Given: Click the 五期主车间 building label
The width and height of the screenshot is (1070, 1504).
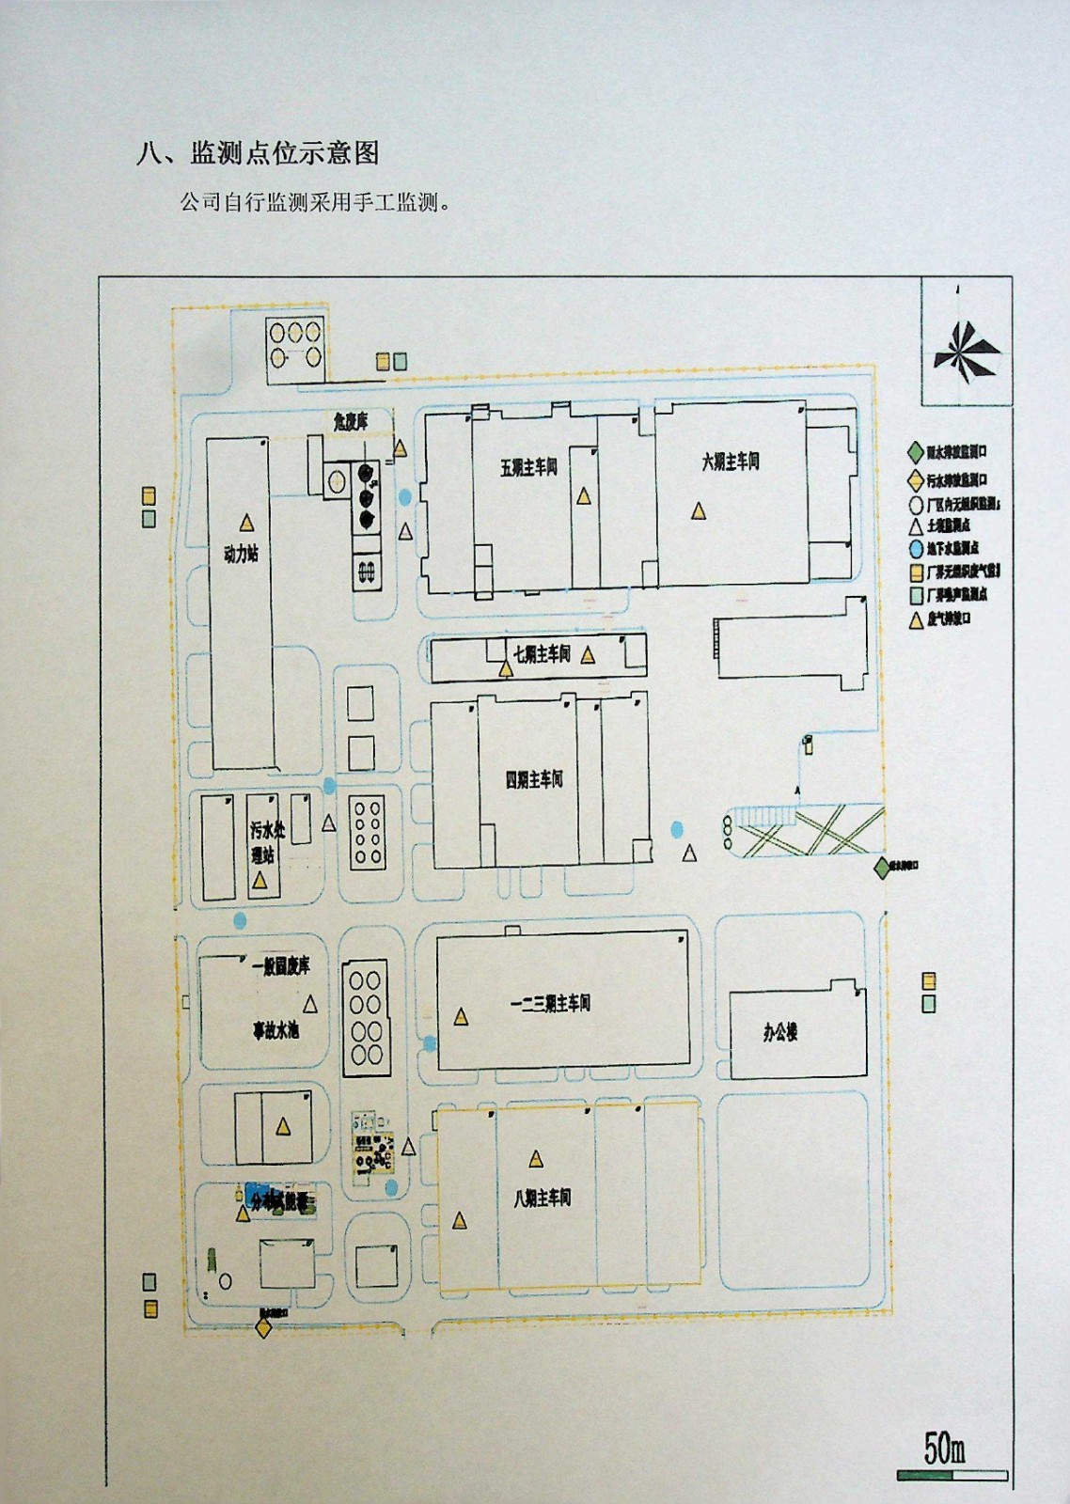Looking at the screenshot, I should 528,467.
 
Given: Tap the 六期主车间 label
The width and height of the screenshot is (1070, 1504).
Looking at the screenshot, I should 731,462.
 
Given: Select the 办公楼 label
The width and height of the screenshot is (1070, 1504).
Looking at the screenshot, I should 780,1032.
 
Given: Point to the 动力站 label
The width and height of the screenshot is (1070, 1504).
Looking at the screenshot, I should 241,554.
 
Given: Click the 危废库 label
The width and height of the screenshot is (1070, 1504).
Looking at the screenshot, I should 351,421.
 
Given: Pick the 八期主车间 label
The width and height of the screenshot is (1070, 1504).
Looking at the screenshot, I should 543,1198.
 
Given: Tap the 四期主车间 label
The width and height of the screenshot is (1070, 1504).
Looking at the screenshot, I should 534,779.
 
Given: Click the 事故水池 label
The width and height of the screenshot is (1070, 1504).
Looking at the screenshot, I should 275,1030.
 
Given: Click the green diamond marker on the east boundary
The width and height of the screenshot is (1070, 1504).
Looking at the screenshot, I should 882,869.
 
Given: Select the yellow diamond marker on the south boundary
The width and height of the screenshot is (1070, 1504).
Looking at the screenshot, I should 263,1328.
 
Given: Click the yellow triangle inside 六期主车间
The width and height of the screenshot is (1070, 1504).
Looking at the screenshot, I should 699,511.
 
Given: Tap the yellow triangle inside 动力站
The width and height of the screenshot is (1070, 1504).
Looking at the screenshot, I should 246,522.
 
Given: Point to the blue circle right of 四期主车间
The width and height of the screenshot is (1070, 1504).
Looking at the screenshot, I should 677,829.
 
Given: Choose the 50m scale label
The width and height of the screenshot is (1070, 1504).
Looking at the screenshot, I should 944,1449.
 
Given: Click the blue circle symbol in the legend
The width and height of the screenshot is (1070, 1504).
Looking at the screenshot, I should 916,549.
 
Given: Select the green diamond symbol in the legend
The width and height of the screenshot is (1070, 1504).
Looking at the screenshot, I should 916,453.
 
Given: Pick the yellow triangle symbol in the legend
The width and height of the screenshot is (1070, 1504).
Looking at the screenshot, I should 916,619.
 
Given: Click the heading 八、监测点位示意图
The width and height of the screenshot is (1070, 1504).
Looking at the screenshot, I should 258,153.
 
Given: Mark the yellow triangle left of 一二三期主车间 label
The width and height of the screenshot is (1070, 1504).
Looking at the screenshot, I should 461,1017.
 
